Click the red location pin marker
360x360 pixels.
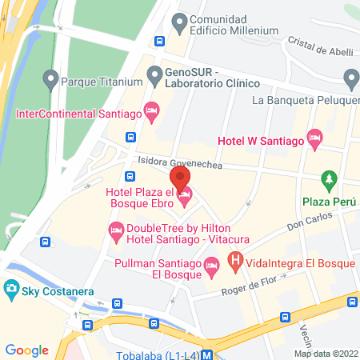click(180, 175)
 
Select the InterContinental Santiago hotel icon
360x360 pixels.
click(150, 110)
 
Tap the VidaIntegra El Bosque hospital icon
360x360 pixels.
click(235, 260)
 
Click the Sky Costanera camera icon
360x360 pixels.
click(12, 287)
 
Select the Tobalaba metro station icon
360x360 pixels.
click(207, 354)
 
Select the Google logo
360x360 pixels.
click(26, 350)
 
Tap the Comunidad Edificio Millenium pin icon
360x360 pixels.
click(179, 22)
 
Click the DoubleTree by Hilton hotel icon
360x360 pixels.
click(115, 231)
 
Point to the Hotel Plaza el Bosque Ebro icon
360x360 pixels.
click(185, 194)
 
